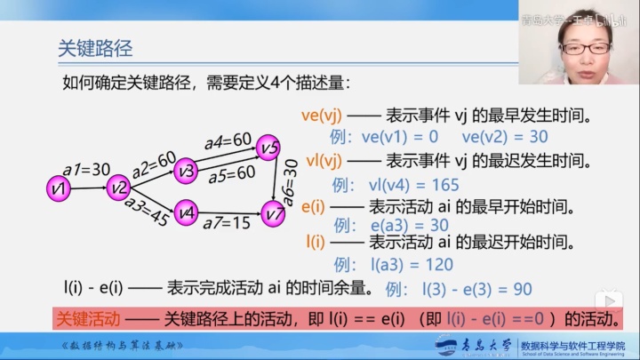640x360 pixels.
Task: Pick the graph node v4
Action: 185,212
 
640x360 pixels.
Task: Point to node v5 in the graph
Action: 268,147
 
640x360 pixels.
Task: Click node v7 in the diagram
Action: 274,212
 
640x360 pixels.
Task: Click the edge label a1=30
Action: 86,170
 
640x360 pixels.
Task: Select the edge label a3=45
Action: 147,213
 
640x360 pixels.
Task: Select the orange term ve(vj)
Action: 322,116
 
